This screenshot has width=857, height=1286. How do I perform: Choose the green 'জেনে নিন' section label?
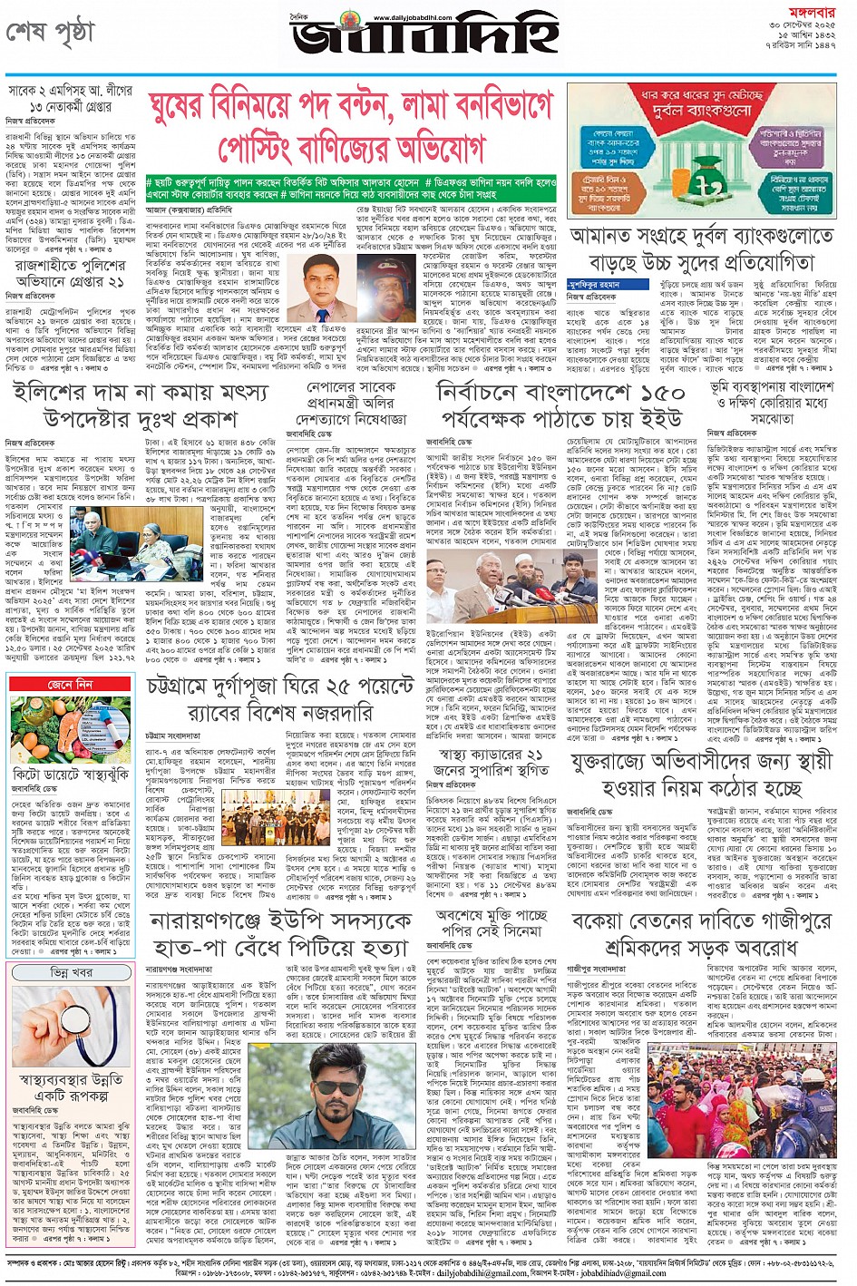[x=71, y=684]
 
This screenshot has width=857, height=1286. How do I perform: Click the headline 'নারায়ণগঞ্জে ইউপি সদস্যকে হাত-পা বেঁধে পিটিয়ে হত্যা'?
[x=279, y=935]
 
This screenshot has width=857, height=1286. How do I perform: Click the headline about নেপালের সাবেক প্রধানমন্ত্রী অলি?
[x=355, y=404]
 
